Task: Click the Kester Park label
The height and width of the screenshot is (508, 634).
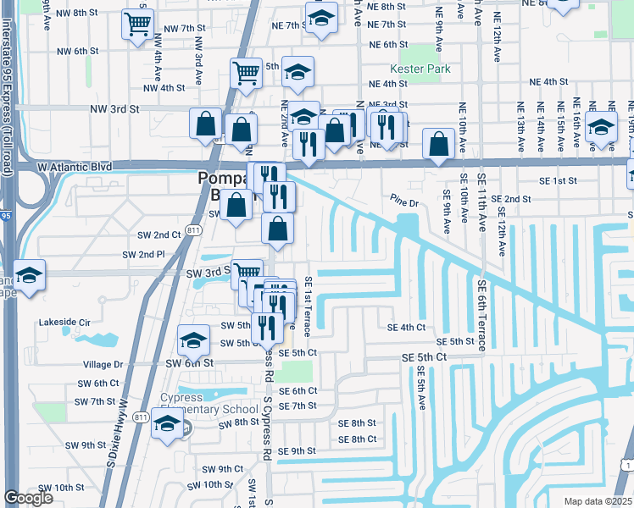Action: point(420,69)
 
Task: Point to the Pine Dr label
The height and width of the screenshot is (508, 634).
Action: point(405,203)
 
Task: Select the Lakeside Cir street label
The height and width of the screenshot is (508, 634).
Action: point(64,323)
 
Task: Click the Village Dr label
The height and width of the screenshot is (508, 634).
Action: point(103,364)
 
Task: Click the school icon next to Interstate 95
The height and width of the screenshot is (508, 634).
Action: point(29,277)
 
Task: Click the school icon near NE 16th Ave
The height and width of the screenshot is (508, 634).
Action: point(601,129)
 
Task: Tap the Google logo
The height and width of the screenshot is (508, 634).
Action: point(28,498)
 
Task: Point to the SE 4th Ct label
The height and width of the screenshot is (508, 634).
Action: point(405,328)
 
